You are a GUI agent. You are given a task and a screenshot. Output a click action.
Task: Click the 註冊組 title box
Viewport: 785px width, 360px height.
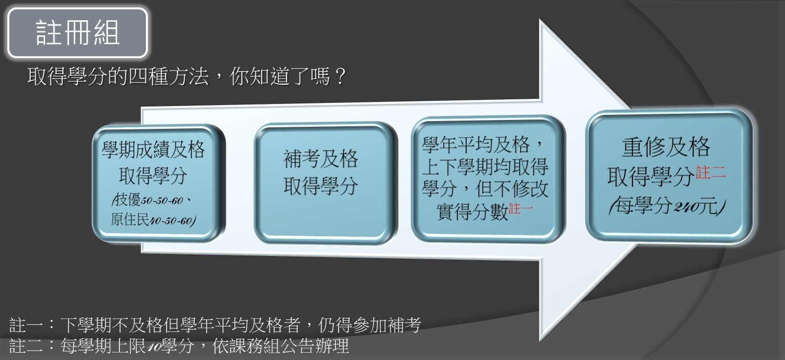click(78, 33)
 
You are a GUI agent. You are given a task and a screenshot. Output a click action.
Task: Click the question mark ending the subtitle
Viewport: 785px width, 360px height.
click(340, 76)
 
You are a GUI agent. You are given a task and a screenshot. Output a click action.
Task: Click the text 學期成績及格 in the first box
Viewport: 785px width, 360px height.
click(153, 150)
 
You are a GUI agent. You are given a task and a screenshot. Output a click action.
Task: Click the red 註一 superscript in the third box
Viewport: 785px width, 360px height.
click(521, 209)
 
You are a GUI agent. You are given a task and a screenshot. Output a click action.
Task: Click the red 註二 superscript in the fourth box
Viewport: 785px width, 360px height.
click(711, 172)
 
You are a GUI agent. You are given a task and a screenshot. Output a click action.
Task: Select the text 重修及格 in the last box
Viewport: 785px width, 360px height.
click(666, 147)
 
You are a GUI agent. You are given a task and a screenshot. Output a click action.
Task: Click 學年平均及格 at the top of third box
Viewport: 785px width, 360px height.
click(476, 144)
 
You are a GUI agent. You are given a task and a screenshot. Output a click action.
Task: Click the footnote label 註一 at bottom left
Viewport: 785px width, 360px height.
click(26, 325)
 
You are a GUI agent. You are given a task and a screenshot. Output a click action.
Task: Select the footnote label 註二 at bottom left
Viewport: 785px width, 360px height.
click(26, 345)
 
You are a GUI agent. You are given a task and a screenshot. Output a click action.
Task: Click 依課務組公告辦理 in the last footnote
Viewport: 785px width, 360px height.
click(280, 345)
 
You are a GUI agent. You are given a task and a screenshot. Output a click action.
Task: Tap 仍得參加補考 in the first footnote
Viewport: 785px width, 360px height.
click(369, 325)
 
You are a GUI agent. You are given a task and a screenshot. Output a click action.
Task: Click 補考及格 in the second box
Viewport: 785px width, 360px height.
click(320, 159)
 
